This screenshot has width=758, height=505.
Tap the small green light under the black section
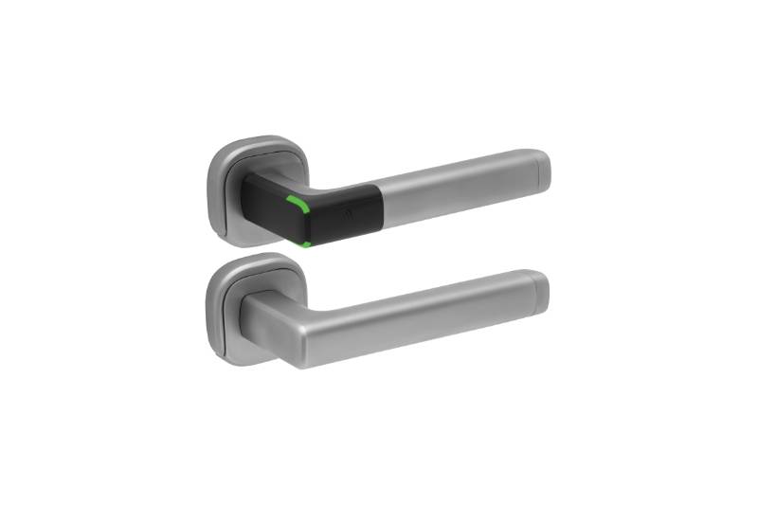click(x=305, y=243)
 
